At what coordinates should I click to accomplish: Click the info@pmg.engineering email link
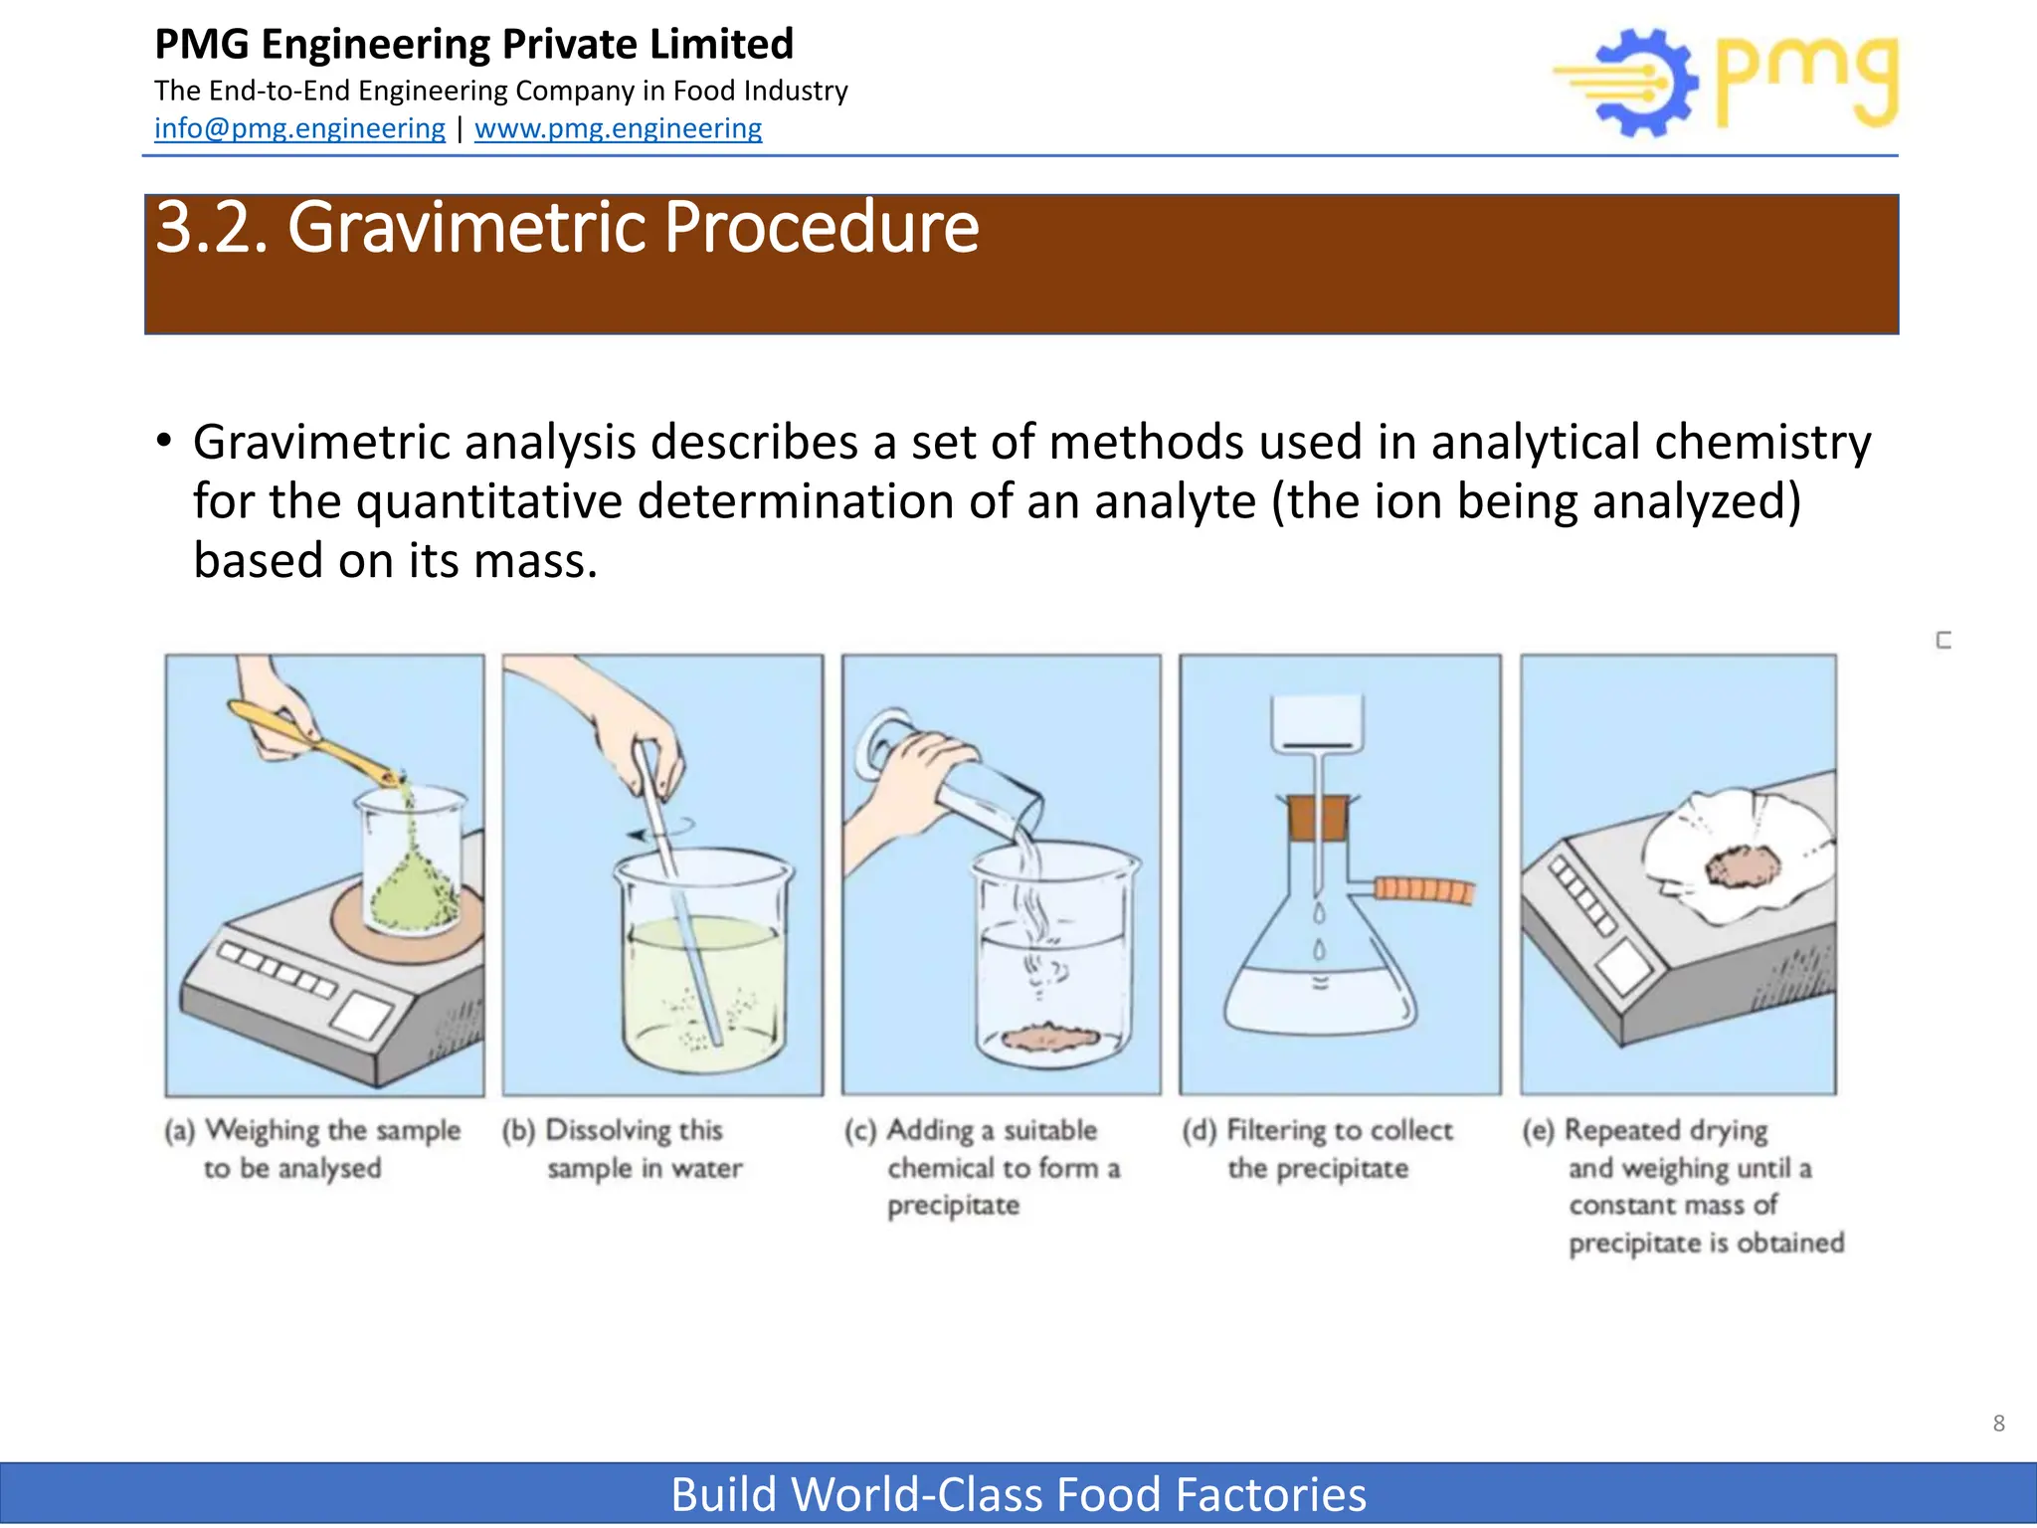[299, 128]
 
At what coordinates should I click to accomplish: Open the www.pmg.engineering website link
[618, 128]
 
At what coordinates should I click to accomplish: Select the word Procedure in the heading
[821, 228]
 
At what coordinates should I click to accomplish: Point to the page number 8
[1998, 1424]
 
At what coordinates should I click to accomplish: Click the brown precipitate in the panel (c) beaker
[1049, 1036]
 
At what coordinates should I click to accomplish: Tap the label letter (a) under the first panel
[179, 1131]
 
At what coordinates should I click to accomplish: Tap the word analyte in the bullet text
[1175, 501]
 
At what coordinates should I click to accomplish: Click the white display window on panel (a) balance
[362, 1016]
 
